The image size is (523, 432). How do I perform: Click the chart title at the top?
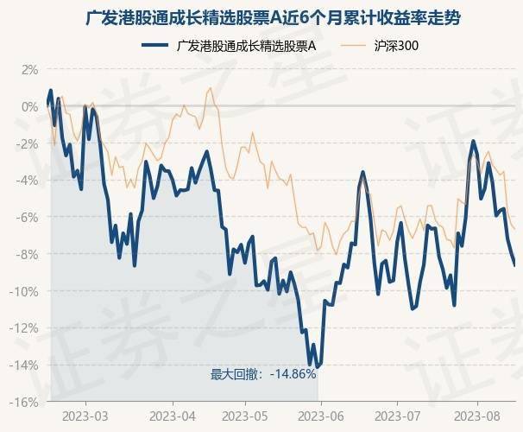(261, 16)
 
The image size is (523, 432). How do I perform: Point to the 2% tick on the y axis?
(29, 69)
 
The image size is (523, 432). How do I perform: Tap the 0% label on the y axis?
(29, 106)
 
